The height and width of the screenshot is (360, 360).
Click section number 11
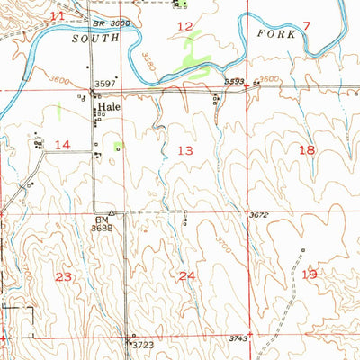point(58,16)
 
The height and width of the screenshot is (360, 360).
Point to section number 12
point(185,27)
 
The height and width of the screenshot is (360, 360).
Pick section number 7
point(306,26)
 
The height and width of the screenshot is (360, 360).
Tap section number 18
point(308,150)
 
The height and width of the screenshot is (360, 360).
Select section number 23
point(62,276)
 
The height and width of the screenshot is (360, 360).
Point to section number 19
point(310,274)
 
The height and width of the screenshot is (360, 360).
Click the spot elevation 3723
point(143,345)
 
